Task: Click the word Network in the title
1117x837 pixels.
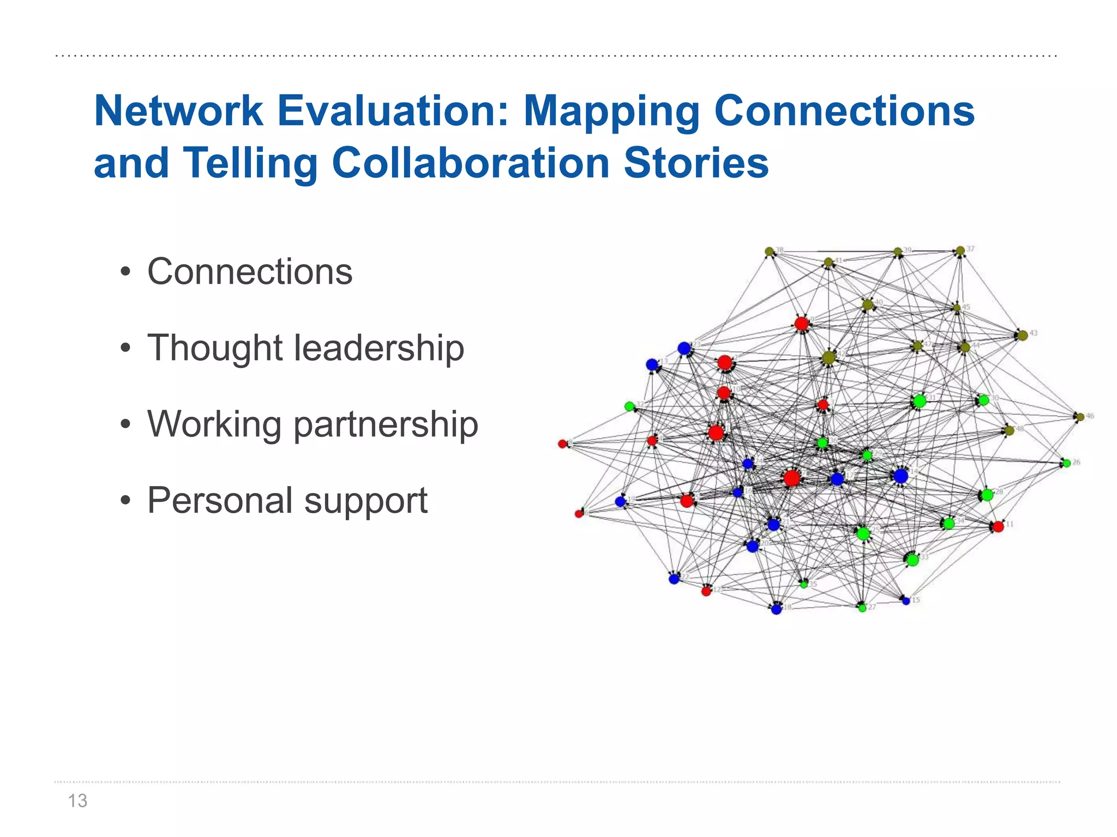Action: (x=178, y=111)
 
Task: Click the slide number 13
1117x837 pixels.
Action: (x=77, y=800)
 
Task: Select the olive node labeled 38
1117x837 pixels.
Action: (x=769, y=251)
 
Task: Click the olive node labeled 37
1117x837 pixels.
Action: (x=960, y=251)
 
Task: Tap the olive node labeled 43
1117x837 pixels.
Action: (x=1023, y=335)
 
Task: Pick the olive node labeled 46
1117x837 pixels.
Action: (x=1080, y=417)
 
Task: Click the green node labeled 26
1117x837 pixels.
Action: (x=1067, y=463)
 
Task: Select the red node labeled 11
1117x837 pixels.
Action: (x=998, y=526)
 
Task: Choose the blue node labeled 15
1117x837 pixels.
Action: (x=906, y=601)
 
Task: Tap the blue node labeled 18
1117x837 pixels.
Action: (x=777, y=609)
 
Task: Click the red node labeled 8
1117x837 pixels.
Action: (x=562, y=444)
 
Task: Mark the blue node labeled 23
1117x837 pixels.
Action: (x=684, y=348)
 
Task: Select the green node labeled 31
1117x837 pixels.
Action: (x=920, y=401)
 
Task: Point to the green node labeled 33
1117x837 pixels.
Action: (x=912, y=559)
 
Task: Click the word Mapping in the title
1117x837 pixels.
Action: (x=611, y=111)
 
